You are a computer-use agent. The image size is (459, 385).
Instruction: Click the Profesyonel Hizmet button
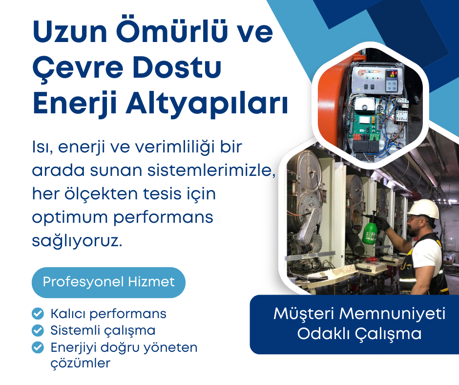tap(108, 282)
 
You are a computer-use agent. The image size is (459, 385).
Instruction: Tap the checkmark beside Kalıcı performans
tap(37, 313)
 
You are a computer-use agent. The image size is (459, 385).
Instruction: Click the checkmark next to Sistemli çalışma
tap(37, 330)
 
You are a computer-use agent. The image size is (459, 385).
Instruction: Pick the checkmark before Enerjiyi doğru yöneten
tap(37, 347)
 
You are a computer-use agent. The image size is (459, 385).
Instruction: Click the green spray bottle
tap(370, 230)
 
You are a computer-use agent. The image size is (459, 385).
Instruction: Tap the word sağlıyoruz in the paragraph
tap(76, 240)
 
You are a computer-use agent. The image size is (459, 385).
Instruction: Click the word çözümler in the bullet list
tap(81, 364)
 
